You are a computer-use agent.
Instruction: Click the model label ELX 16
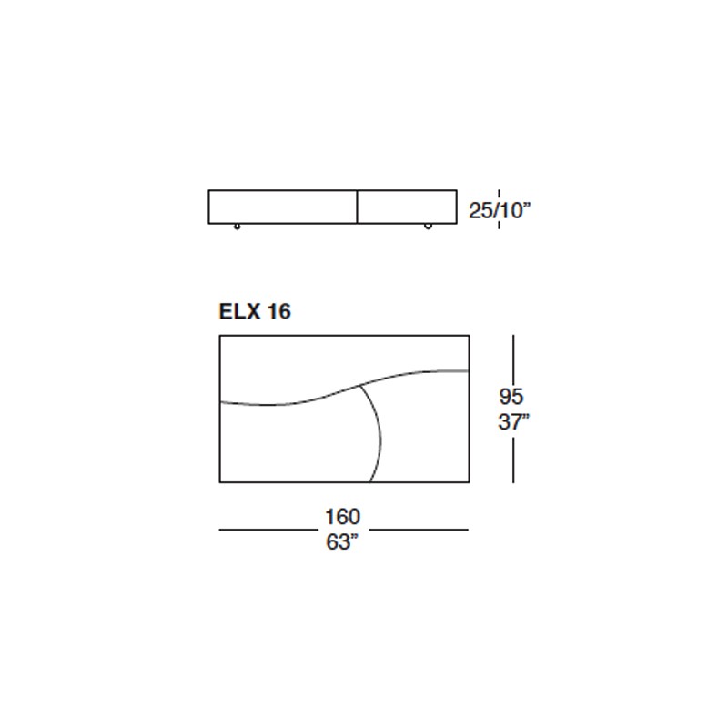[x=255, y=311]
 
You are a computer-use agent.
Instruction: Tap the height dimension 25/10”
[x=499, y=210]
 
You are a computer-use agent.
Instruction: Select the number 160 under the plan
[x=343, y=516]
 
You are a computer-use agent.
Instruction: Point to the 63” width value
[x=343, y=541]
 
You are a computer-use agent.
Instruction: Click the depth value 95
[x=511, y=397]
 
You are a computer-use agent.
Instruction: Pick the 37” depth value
[x=513, y=422]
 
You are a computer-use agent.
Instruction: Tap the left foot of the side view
[x=237, y=227]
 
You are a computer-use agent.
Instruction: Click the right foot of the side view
[x=428, y=227]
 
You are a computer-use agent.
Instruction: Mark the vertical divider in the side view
[x=357, y=207]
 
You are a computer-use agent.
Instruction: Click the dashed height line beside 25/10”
[x=499, y=209]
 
